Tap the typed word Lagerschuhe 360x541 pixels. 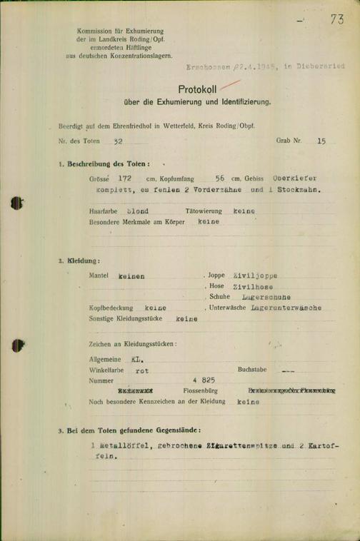[266, 296]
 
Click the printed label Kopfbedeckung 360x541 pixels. [112, 308]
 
